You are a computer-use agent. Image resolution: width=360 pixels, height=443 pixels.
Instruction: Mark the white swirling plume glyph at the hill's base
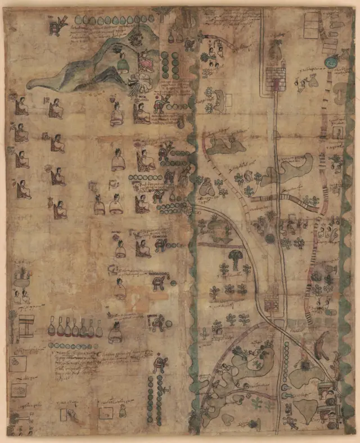coord(139,86)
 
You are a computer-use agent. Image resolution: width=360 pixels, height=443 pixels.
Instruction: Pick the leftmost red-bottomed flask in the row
coord(51,327)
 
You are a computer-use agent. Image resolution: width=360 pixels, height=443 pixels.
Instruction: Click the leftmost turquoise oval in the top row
coord(78,21)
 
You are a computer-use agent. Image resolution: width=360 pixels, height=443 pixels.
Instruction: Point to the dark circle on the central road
coord(270,238)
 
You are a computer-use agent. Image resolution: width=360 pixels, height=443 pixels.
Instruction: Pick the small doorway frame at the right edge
coord(339,132)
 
